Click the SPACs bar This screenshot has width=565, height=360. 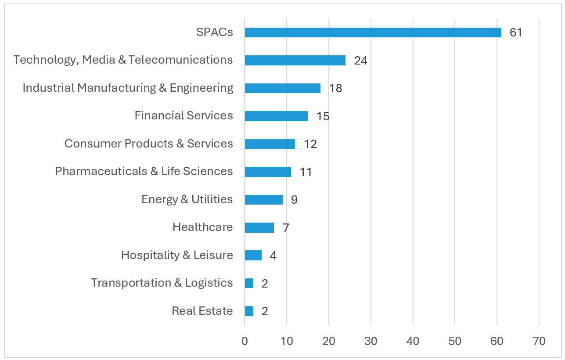tap(373, 32)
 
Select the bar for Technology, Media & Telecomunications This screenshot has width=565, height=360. tap(295, 60)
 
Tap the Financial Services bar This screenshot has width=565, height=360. tap(276, 116)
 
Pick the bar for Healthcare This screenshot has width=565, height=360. tap(259, 227)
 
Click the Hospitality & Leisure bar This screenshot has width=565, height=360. tap(253, 255)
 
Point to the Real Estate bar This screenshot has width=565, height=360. tap(249, 311)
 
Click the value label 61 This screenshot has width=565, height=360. tap(516, 32)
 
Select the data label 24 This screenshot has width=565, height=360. tap(360, 61)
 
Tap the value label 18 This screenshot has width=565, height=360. tap(335, 88)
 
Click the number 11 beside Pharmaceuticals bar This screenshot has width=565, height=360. tap(306, 172)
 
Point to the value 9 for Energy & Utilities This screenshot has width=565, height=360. tap(294, 200)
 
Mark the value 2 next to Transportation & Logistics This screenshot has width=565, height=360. tap(265, 284)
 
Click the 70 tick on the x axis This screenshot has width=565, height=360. tap(539, 341)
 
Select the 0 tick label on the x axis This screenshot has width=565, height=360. tap(245, 341)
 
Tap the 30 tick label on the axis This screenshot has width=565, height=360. tap(371, 341)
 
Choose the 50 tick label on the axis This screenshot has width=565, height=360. tap(455, 341)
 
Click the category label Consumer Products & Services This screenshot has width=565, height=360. tap(148, 144)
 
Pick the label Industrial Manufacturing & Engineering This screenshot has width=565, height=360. tap(128, 88)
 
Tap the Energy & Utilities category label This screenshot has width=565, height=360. tap(187, 199)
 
